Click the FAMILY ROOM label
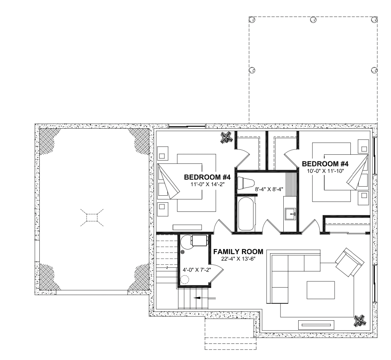[x=238, y=252]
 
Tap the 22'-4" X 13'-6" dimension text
[x=239, y=259]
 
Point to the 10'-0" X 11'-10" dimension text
[x=326, y=171]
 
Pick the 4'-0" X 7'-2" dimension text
[x=197, y=269]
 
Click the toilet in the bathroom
[x=246, y=183]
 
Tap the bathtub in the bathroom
[x=246, y=214]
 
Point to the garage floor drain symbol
[x=92, y=218]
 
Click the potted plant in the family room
[x=360, y=321]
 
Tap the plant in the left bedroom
[x=227, y=137]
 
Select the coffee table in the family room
[x=321, y=290]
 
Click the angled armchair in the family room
[x=350, y=262]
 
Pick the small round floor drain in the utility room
[x=182, y=252]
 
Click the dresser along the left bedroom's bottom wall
[x=187, y=227]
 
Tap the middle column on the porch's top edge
[x=313, y=19]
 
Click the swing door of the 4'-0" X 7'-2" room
[x=216, y=273]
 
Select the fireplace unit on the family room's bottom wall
[x=316, y=325]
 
